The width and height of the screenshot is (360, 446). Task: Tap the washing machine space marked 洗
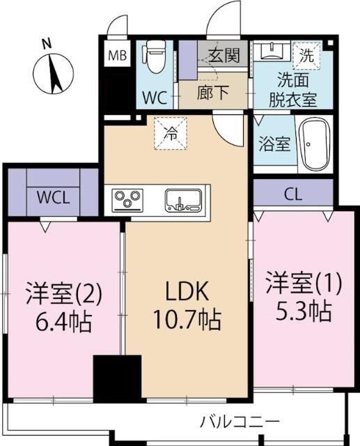tap(306, 52)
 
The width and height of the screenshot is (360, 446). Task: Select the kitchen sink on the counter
tap(182, 200)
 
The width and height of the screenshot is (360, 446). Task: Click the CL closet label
tap(293, 193)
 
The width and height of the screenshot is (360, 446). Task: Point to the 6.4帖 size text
tap(63, 322)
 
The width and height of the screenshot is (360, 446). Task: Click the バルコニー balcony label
tap(240, 422)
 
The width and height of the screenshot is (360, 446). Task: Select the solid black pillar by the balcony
tap(117, 378)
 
